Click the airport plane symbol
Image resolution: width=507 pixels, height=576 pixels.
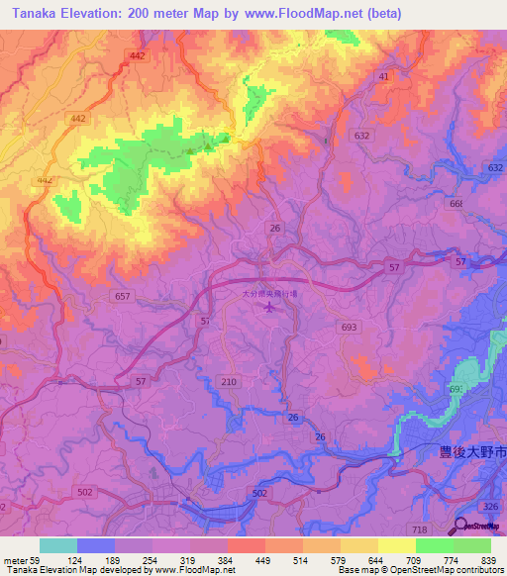click(x=270, y=308)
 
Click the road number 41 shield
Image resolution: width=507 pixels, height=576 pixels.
click(x=383, y=75)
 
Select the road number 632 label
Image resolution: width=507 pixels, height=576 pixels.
click(x=361, y=136)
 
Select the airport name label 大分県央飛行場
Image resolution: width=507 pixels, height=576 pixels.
click(x=270, y=294)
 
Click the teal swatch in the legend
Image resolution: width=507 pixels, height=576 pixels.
click(x=57, y=545)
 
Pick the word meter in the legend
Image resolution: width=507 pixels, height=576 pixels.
click(x=17, y=560)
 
